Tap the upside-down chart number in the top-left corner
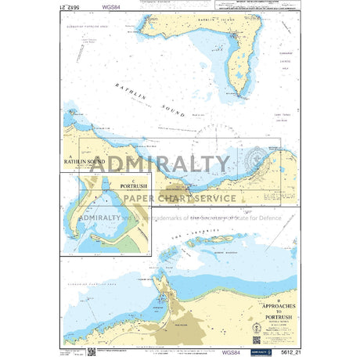(x=74, y=7)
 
